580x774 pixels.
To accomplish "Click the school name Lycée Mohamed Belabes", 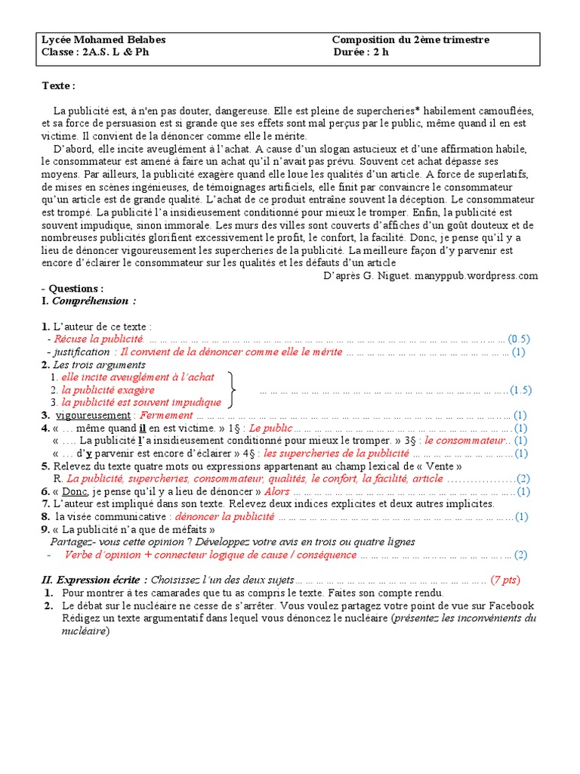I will click(x=103, y=40).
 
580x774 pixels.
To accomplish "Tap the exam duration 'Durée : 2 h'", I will click(x=361, y=53).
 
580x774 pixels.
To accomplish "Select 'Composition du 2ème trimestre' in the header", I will click(x=411, y=40).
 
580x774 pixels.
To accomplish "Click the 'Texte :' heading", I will click(x=58, y=86).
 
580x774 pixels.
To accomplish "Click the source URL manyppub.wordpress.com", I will click(x=483, y=276).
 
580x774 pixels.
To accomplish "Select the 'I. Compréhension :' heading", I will click(x=90, y=301).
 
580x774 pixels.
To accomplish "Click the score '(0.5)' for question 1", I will click(x=519, y=339).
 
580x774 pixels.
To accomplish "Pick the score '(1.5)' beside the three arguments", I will click(x=520, y=390).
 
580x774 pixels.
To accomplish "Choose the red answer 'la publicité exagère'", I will click(x=108, y=390).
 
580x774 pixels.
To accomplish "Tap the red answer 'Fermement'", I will click(x=167, y=415).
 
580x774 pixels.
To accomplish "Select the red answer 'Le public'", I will click(x=270, y=428).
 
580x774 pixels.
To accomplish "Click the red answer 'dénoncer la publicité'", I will click(x=224, y=517).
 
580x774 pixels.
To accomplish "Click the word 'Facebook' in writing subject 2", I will click(x=511, y=605).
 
